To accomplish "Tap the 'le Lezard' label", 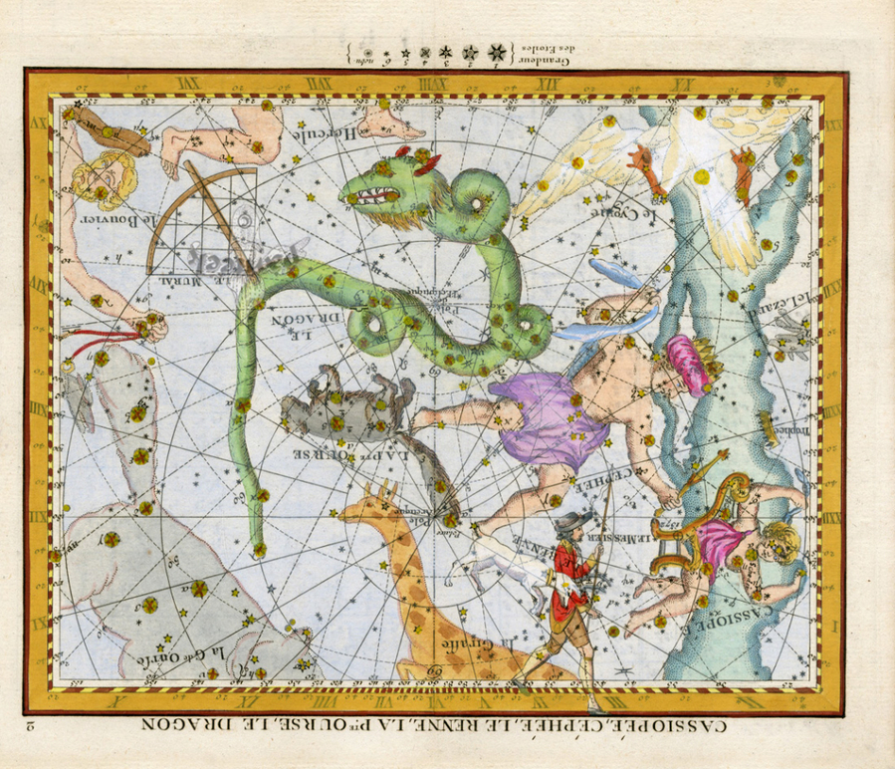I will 782,295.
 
